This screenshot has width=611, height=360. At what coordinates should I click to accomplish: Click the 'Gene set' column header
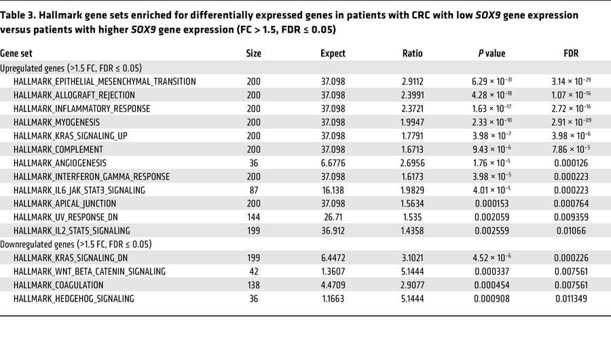tap(16, 54)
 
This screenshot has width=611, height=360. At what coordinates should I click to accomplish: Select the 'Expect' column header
tap(333, 54)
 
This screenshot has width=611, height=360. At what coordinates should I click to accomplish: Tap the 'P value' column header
tap(492, 54)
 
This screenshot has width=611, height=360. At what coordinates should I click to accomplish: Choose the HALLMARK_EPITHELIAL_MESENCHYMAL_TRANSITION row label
tap(105, 82)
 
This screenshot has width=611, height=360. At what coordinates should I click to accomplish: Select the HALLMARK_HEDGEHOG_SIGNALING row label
tap(73, 299)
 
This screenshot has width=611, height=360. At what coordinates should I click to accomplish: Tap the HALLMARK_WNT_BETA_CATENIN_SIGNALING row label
tap(89, 272)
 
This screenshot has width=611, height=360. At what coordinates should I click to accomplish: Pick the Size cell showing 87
tap(254, 190)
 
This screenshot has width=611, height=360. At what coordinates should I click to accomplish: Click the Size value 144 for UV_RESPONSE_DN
tap(254, 217)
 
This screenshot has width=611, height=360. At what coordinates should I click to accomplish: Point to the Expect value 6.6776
tap(333, 163)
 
